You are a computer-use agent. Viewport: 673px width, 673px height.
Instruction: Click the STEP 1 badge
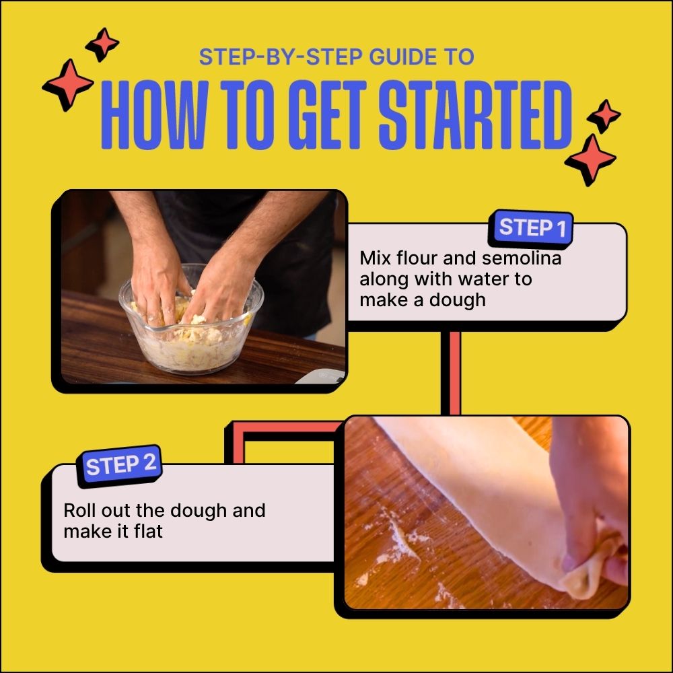coord(532,228)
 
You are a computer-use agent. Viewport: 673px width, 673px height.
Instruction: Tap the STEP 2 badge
coord(121,465)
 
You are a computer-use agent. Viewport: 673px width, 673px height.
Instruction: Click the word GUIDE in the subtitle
coord(392,57)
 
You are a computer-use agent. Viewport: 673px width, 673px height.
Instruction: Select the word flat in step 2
coord(148,531)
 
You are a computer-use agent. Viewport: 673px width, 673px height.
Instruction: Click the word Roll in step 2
coord(79,510)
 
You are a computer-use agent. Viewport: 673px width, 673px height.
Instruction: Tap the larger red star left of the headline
coord(67,85)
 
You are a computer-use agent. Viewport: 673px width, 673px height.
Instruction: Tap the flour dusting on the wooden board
coord(397,545)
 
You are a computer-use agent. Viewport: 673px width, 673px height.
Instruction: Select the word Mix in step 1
coord(374,258)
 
